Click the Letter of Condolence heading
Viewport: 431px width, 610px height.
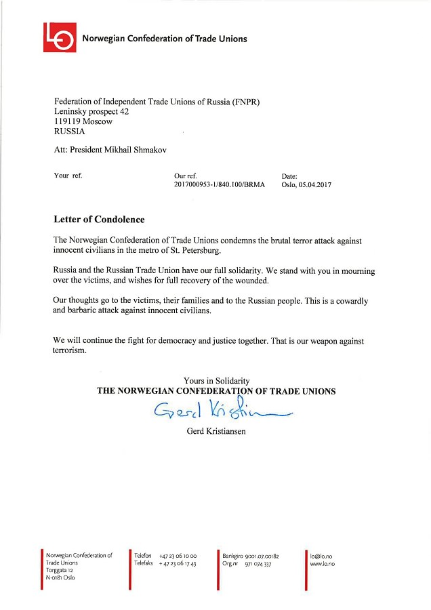pos(99,220)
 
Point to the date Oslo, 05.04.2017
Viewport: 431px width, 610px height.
pos(306,184)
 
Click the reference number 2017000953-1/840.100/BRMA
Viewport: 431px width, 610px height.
pos(220,184)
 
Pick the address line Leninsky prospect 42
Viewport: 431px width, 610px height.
pos(91,111)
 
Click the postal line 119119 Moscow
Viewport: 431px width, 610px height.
pos(83,121)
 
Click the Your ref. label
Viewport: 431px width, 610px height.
pos(68,176)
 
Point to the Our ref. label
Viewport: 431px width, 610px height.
pos(185,176)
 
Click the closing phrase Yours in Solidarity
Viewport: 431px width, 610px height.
pos(216,381)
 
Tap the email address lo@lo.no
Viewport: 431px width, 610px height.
pos(321,556)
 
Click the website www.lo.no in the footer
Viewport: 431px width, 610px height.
pos(323,564)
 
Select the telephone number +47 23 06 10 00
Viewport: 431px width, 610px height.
pos(178,556)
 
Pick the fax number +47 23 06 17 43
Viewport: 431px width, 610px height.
pos(178,564)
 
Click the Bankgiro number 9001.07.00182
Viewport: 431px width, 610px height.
pos(265,556)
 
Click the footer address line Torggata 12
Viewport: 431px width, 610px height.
pos(60,571)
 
